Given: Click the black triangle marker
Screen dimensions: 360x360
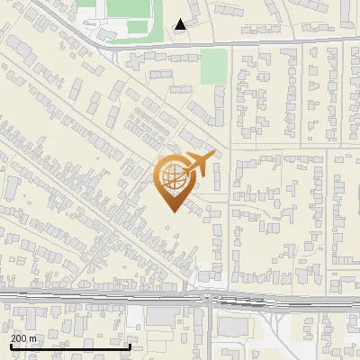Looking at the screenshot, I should [x=181, y=24].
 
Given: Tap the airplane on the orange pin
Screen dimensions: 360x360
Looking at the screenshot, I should [x=200, y=164].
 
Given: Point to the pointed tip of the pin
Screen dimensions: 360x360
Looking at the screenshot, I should [x=173, y=211].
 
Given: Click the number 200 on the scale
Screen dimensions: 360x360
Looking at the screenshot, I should [x=17, y=338].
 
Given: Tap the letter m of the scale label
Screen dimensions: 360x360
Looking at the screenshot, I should [x=33, y=338].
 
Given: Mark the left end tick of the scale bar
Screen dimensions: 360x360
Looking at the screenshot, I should [x=10, y=346].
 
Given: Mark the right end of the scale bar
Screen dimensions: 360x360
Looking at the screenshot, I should [x=131, y=346].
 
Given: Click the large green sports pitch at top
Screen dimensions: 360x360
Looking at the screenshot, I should [x=130, y=11].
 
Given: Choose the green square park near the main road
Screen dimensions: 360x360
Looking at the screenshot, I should [x=213, y=66].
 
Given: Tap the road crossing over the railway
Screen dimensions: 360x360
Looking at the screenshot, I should [x=208, y=297].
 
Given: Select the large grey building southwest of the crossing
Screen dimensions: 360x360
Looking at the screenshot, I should [x=163, y=317].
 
